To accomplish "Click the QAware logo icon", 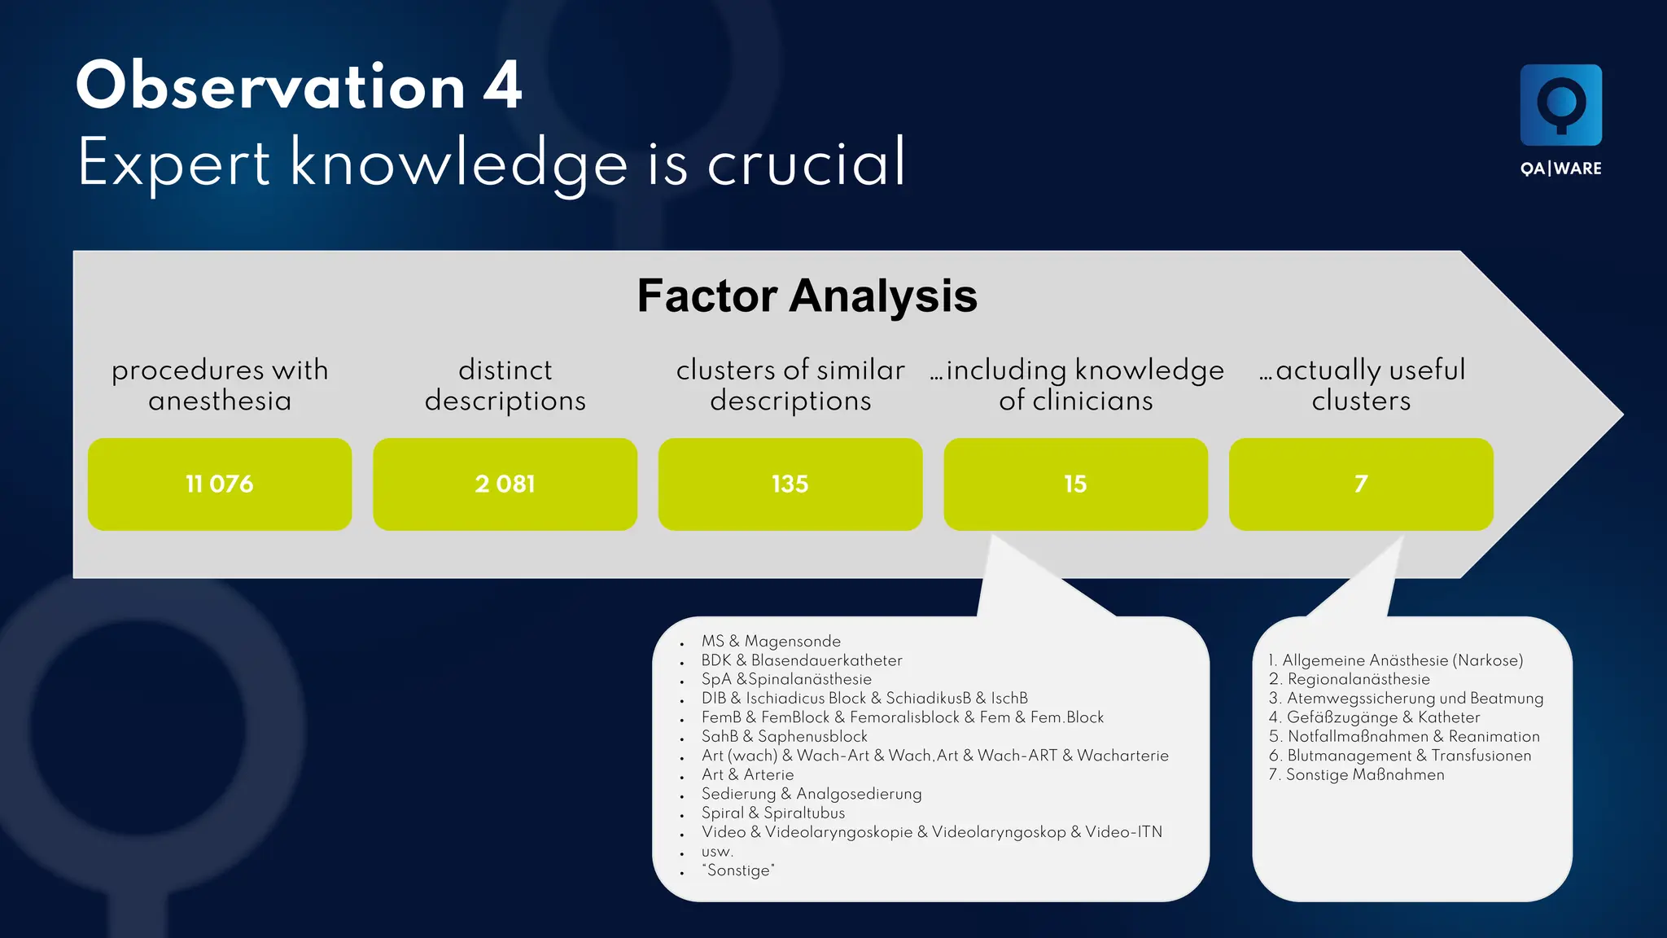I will (1560, 105).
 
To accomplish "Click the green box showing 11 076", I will (220, 484).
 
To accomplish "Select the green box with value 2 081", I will (505, 484).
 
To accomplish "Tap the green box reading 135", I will (790, 484).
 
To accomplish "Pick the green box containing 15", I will (1075, 484).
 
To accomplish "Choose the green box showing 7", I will (1361, 484).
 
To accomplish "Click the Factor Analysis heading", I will (807, 296).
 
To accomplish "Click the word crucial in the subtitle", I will (806, 163).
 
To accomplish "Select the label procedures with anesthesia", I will (220, 385).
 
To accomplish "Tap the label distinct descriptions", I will (505, 385).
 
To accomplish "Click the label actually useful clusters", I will (1361, 385).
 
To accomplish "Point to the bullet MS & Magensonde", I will (771, 642).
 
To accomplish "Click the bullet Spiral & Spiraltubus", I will (772, 813).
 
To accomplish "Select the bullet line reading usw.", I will (717, 852).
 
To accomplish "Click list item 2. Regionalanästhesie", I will (1349, 679).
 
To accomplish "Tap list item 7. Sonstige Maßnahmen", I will (1356, 774).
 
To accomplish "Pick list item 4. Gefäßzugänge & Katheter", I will (1374, 717).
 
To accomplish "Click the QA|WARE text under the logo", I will (1560, 169).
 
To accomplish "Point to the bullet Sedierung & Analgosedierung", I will (811, 794).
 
